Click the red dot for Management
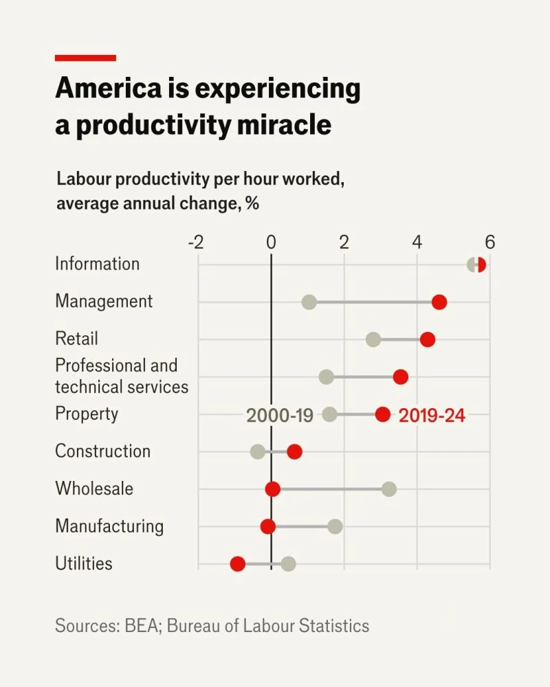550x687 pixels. coord(439,302)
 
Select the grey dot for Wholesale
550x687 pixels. coord(389,489)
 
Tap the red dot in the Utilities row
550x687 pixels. coord(238,564)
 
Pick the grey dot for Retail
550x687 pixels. coord(373,339)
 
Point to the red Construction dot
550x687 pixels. coord(294,452)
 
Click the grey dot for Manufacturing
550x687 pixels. coord(335,527)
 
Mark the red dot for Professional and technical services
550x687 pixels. coord(400,376)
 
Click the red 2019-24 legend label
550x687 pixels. coord(432,416)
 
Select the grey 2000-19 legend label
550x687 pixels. coord(280,416)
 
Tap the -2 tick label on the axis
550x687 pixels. coord(196,242)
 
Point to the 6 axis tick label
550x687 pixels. coord(490,242)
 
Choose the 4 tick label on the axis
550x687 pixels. coord(417,242)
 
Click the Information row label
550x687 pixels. coord(98,264)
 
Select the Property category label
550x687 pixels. coord(87,414)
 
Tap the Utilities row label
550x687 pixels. coord(84,563)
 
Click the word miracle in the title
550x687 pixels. coord(284,125)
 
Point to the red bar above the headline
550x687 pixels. coord(85,58)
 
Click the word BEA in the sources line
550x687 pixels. coord(141,626)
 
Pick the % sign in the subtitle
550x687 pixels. coord(252,203)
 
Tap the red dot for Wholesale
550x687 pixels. coord(273,489)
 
